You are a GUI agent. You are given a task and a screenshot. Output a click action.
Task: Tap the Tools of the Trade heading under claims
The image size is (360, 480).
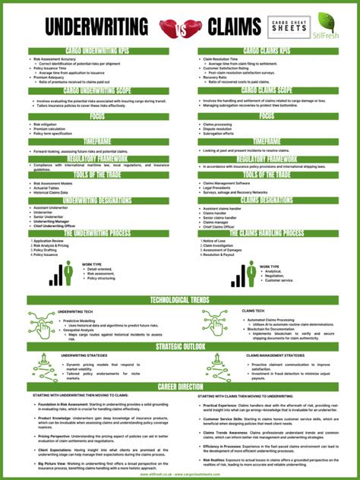click(x=267, y=175)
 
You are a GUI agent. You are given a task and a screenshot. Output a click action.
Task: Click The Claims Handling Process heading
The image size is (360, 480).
click(x=267, y=233)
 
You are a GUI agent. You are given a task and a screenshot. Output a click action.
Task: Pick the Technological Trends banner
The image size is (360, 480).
click(x=180, y=300)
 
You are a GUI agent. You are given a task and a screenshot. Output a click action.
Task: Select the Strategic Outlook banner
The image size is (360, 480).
click(x=180, y=346)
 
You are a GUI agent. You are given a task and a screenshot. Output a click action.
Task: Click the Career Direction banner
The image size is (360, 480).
click(x=180, y=387)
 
